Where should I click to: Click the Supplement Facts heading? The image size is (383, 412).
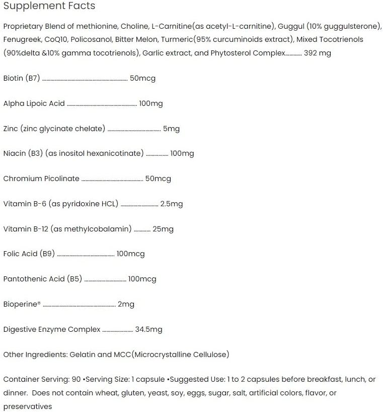(49, 6)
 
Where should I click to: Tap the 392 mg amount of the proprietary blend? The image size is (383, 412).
(318, 53)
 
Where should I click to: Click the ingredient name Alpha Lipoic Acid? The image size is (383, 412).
(34, 103)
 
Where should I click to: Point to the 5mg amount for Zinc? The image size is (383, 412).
(171, 129)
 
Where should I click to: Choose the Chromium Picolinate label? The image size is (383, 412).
(41, 179)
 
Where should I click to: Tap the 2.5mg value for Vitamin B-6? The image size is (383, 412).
(171, 204)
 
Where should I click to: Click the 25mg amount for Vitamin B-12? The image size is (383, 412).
(163, 229)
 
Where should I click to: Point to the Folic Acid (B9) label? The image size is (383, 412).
(29, 254)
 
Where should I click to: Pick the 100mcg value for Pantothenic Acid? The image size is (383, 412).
(142, 279)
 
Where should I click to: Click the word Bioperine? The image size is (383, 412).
(21, 304)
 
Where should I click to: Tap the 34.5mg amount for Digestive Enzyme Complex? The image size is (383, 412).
(148, 329)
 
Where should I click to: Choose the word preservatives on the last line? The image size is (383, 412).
(28, 406)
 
